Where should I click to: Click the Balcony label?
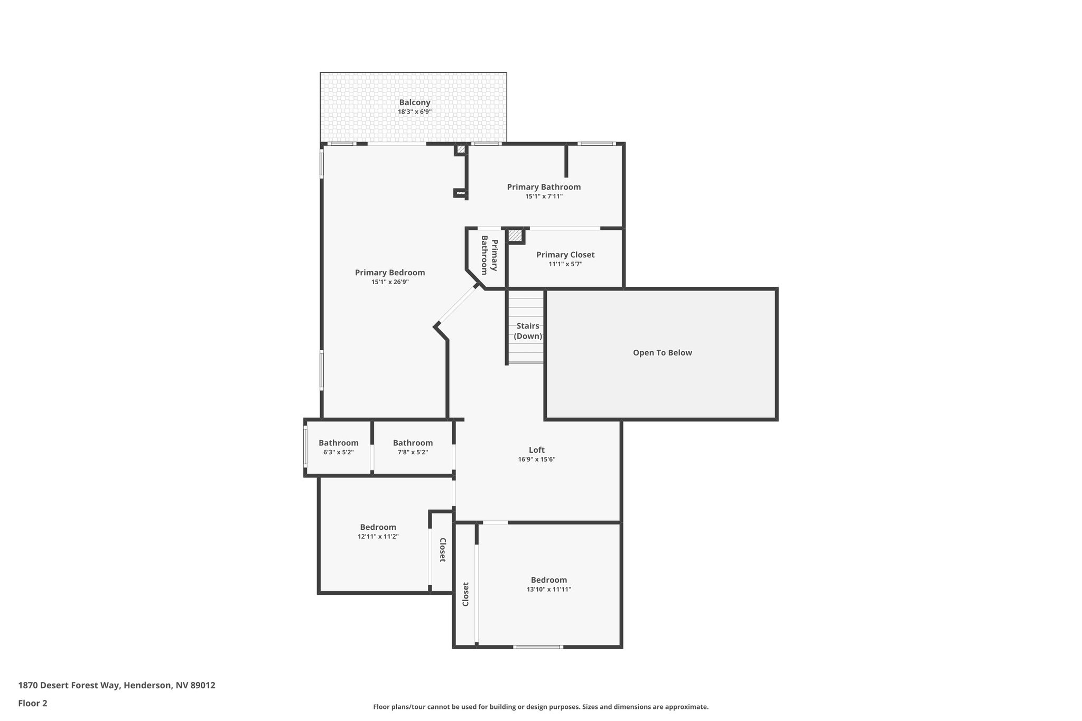coord(414,102)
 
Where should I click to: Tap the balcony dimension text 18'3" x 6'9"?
coord(415,112)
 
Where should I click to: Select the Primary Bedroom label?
coord(389,273)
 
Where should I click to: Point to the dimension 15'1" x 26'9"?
coord(389,282)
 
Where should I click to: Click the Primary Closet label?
coord(565,255)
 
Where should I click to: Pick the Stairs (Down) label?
coord(528,331)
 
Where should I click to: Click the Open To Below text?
coord(662,353)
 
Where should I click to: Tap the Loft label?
coord(536,450)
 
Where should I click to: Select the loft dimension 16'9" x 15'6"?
coord(536,460)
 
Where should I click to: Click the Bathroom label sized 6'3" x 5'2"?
coord(338,443)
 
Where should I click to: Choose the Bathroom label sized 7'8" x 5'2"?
coord(413,443)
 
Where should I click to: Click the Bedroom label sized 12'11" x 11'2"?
coord(378,527)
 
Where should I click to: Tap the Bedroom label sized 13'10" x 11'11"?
coord(548,580)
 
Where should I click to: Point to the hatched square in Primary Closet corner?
coord(515,236)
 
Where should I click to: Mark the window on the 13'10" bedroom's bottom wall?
coord(538,647)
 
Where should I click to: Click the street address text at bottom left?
coord(117,685)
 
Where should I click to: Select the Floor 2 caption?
coord(33,703)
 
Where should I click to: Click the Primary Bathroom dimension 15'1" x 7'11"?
coord(544,196)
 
